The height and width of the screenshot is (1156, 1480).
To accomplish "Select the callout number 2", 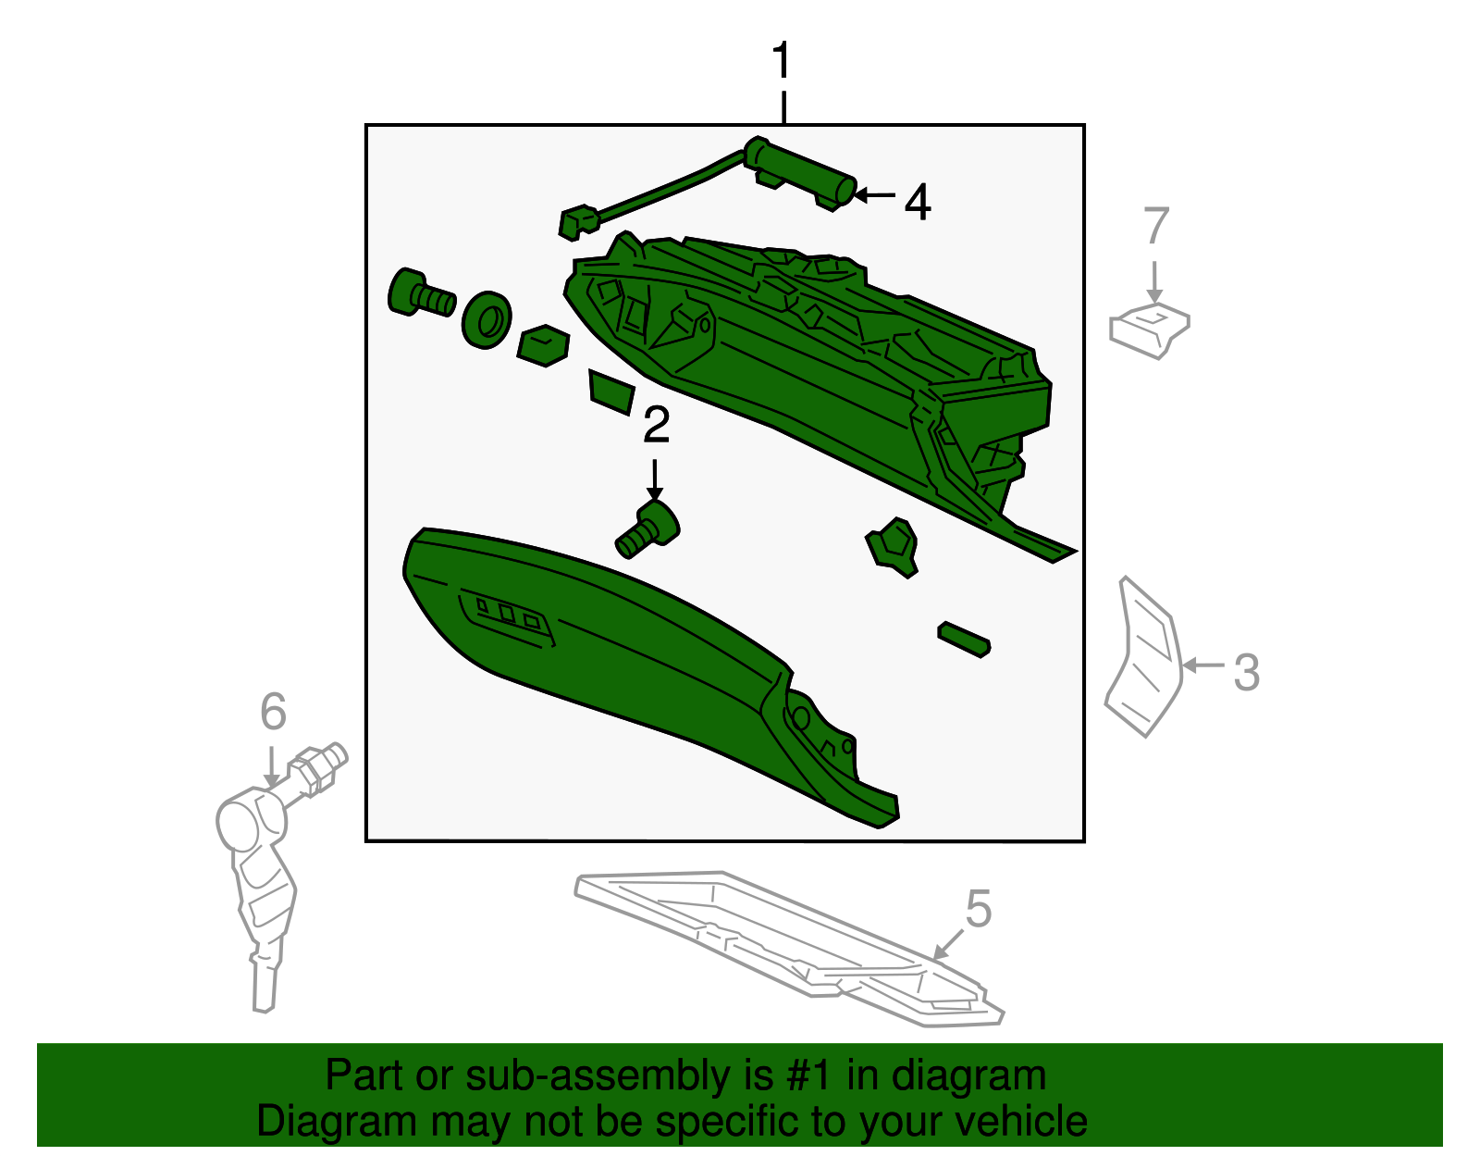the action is tap(656, 425).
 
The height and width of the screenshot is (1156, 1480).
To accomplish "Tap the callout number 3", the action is tap(1246, 672).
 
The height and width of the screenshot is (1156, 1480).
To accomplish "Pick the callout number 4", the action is tap(918, 203).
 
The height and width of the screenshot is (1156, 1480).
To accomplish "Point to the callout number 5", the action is tap(979, 908).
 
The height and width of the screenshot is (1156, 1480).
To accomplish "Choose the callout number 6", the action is tap(273, 712).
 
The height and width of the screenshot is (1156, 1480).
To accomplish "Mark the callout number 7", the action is tap(1156, 226).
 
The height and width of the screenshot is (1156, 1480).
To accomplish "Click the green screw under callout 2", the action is tap(647, 529).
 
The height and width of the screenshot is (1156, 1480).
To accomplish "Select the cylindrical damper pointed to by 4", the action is tap(800, 172).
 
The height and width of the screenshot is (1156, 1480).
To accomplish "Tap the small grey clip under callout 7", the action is tap(1149, 329).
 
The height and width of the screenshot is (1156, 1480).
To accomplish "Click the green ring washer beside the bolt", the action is tap(487, 321).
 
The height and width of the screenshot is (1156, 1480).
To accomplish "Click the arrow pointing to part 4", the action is tap(875, 195).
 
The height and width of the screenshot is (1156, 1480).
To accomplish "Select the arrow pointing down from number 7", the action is tap(1154, 282).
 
